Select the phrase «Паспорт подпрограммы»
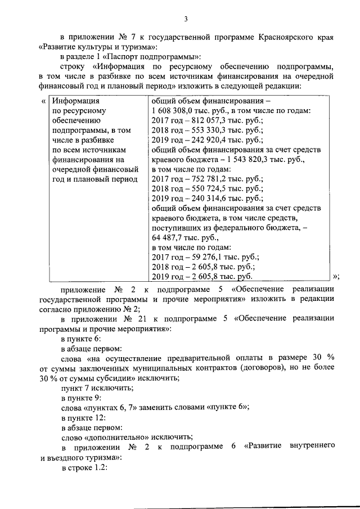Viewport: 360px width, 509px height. coord(155,57)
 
